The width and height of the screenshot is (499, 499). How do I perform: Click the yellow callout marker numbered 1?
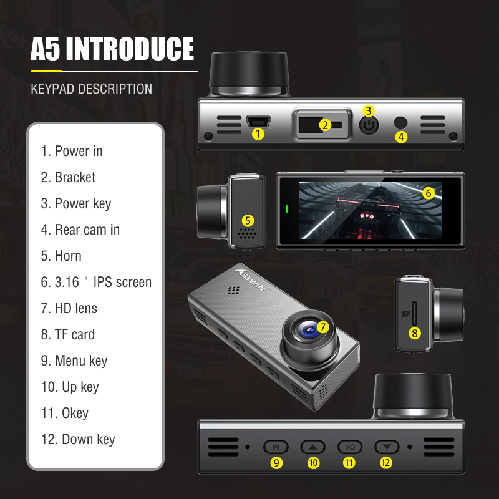click(258, 133)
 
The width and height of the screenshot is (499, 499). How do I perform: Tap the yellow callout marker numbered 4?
click(401, 137)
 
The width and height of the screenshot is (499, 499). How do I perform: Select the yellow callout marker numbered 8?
click(415, 333)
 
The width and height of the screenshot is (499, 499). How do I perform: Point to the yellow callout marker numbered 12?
click(386, 462)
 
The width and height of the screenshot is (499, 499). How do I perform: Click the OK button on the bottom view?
click(350, 447)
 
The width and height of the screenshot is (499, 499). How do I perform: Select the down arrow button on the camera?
click(386, 447)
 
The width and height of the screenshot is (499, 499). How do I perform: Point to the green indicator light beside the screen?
click(288, 209)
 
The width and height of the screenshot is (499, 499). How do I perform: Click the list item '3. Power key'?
click(76, 203)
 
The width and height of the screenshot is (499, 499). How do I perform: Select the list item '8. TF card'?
click(68, 334)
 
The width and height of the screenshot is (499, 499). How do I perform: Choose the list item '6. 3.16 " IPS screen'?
click(96, 282)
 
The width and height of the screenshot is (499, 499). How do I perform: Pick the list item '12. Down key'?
click(78, 439)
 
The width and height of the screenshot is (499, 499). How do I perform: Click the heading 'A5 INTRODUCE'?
click(112, 49)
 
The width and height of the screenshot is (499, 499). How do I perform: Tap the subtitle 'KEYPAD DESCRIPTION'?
click(91, 89)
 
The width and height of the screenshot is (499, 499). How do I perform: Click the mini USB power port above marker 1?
click(258, 120)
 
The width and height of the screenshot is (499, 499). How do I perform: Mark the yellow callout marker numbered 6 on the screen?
click(428, 193)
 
